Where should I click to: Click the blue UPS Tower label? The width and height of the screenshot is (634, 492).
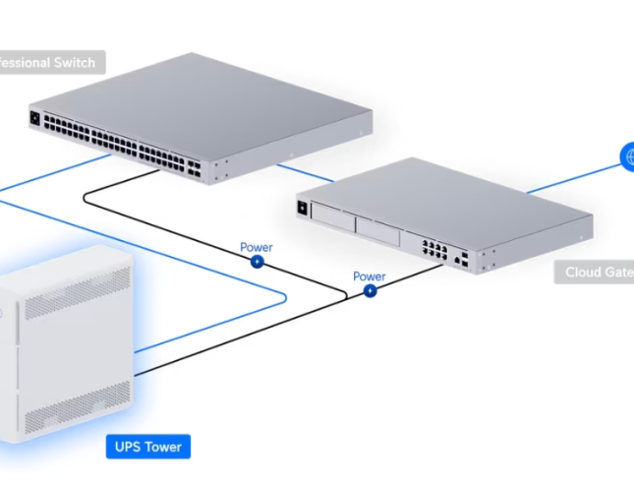(145, 447)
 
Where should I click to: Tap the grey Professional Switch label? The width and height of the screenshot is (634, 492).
(49, 63)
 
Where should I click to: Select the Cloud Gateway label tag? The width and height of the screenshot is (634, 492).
(596, 272)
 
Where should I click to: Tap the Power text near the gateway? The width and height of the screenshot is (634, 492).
(370, 277)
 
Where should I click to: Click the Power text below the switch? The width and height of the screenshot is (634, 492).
(257, 247)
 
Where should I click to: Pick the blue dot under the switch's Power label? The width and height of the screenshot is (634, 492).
(257, 262)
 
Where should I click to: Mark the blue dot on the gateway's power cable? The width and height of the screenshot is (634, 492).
(370, 291)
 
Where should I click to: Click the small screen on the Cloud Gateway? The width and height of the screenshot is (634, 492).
(301, 208)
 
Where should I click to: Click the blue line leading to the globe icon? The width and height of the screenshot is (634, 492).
(570, 177)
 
